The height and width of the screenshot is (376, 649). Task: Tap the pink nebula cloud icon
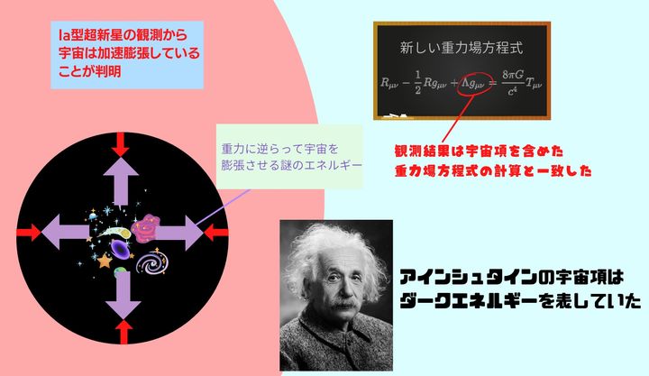click(x=145, y=231)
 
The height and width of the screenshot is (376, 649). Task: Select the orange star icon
click(x=105, y=261)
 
